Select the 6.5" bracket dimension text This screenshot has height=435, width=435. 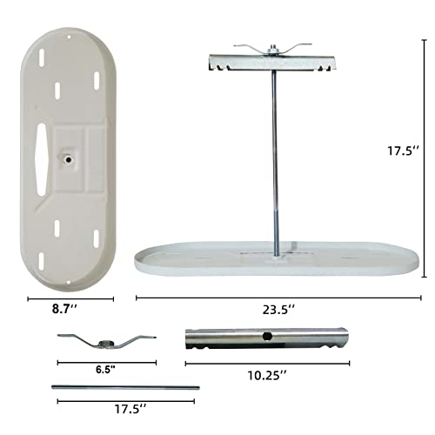point(107,369)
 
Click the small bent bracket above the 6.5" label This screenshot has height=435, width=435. point(107,339)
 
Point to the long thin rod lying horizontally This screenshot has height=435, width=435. point(126,387)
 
